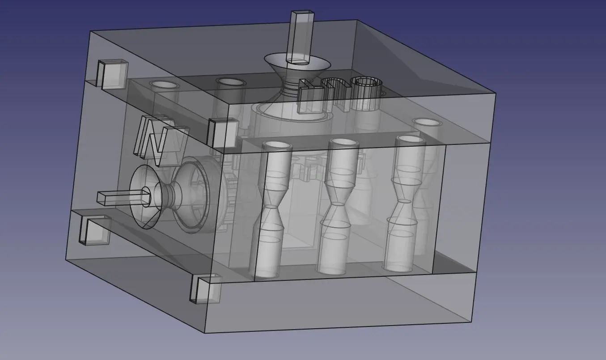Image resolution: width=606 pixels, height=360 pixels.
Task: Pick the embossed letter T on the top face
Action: coord(309,95)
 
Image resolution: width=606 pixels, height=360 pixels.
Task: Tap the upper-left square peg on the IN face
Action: coord(112,74)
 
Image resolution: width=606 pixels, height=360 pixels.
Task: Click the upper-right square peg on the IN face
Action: coord(222,133)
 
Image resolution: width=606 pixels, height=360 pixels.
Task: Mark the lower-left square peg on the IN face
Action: coord(94,230)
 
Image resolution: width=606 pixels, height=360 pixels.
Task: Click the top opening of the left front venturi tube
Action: coord(277,146)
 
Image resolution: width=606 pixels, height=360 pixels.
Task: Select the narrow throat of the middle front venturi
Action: coord(337,204)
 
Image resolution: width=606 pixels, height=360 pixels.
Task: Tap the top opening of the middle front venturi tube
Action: coord(344,142)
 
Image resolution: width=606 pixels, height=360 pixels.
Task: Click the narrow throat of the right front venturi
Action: coord(404,201)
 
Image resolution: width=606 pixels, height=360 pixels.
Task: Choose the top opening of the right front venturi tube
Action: coord(410,139)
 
